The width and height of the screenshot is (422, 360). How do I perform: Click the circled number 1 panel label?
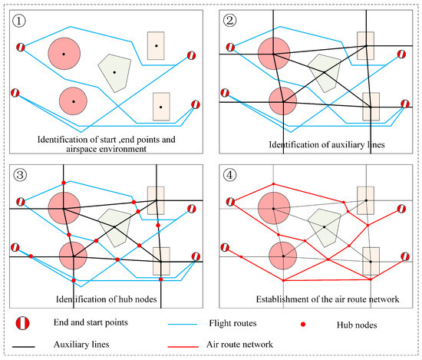[19, 21]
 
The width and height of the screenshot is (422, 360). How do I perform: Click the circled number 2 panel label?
[229, 21]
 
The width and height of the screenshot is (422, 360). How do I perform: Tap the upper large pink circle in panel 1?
[64, 54]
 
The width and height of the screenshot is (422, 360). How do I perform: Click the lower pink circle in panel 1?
[73, 101]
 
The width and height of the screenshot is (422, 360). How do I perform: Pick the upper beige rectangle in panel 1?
[157, 46]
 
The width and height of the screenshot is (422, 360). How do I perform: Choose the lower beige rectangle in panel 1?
[160, 106]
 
